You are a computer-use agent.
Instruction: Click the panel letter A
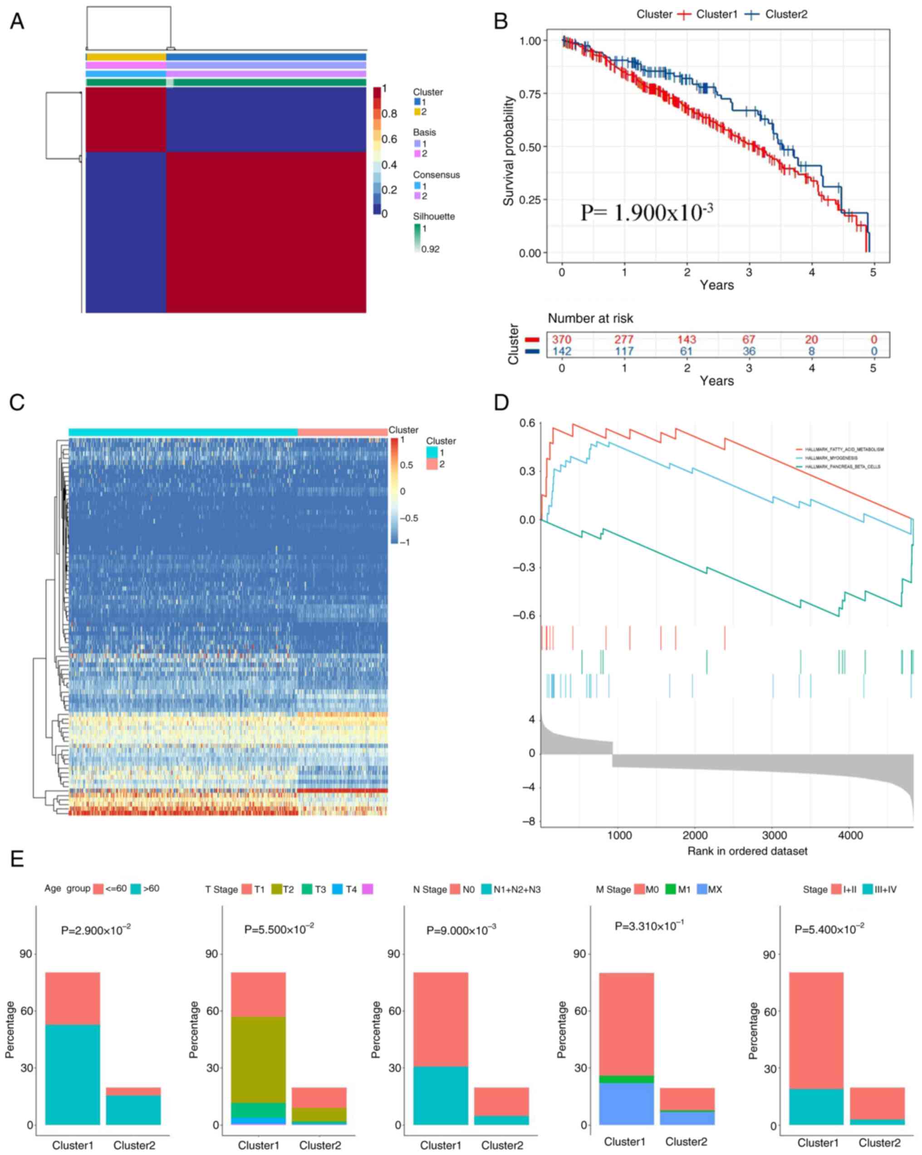[17, 21]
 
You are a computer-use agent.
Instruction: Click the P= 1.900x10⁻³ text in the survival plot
[646, 212]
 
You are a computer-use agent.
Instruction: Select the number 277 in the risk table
[624, 339]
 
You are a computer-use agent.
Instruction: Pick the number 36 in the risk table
[749, 351]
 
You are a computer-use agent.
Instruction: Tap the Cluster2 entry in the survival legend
[785, 15]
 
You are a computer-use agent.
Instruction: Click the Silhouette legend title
[434, 217]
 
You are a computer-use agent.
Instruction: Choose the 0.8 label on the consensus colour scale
[389, 114]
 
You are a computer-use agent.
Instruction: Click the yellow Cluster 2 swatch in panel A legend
[417, 111]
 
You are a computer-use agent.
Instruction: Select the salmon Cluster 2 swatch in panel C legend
[432, 464]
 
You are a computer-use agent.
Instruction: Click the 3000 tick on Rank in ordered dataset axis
[774, 835]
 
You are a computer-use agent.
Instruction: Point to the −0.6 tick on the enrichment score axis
[524, 615]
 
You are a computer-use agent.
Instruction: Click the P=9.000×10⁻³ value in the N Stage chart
[461, 931]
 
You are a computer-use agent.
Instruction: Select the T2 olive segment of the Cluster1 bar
[258, 1059]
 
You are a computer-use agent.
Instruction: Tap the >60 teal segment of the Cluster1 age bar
[72, 1074]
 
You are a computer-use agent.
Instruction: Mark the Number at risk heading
[590, 318]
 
